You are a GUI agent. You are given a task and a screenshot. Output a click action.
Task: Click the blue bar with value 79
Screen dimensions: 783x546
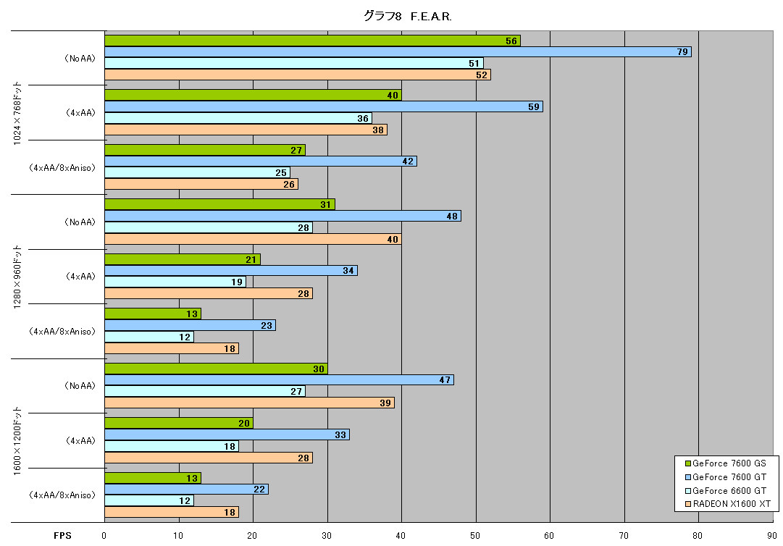(398, 52)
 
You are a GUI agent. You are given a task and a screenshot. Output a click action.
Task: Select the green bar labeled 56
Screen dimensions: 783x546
(313, 41)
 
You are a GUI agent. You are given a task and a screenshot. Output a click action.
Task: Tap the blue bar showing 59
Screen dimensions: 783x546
(324, 106)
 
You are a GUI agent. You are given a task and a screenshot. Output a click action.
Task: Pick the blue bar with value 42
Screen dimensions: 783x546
(261, 161)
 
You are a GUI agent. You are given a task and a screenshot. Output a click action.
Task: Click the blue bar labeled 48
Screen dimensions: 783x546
(282, 216)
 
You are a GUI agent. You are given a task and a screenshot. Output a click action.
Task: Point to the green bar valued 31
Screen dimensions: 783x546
(219, 204)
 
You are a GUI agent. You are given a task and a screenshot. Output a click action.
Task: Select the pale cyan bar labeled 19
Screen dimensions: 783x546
(175, 282)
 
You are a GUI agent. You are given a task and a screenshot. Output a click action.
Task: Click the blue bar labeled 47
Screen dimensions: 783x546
(279, 379)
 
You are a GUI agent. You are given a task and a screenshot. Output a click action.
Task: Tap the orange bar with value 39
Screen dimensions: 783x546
(250, 403)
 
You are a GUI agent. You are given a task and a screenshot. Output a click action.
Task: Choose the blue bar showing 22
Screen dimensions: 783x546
(186, 489)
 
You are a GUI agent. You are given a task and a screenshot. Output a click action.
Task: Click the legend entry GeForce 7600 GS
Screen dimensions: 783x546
(726, 463)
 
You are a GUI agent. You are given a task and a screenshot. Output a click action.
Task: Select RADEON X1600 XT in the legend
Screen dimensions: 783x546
(728, 504)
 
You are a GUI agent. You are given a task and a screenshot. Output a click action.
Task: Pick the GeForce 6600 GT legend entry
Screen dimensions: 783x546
(726, 490)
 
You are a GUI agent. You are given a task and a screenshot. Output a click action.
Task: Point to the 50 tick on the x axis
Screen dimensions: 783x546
(475, 536)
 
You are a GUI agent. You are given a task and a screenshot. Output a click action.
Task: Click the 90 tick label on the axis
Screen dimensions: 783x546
(772, 536)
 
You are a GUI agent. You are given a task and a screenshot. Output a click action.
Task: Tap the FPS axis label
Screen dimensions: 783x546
(62, 536)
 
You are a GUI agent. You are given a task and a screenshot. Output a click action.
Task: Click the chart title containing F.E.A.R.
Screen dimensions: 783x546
(408, 17)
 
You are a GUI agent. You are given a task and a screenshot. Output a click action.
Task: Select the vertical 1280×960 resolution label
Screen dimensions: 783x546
(17, 277)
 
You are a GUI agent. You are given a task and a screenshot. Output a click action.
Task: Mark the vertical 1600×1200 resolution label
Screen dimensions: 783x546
(17, 441)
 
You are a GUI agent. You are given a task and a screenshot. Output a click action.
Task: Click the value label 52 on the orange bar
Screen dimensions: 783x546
(482, 75)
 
